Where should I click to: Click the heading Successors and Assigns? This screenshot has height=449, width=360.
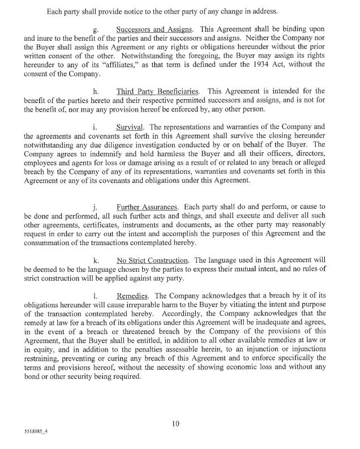click(150, 28)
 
